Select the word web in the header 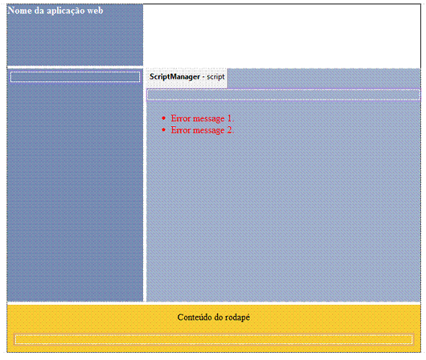coord(95,11)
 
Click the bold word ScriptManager coord(175,76)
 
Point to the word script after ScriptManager coord(216,76)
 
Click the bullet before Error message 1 coord(164,118)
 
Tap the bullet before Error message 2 coord(164,130)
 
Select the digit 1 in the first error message coord(230,118)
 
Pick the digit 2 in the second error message coord(230,130)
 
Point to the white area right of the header coord(282,35)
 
